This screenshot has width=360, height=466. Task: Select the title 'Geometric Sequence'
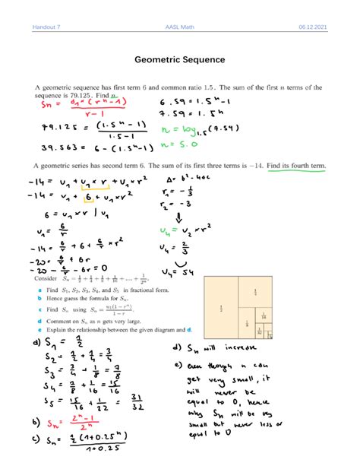coord(179,59)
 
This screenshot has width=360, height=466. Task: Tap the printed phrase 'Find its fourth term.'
coord(300,165)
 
